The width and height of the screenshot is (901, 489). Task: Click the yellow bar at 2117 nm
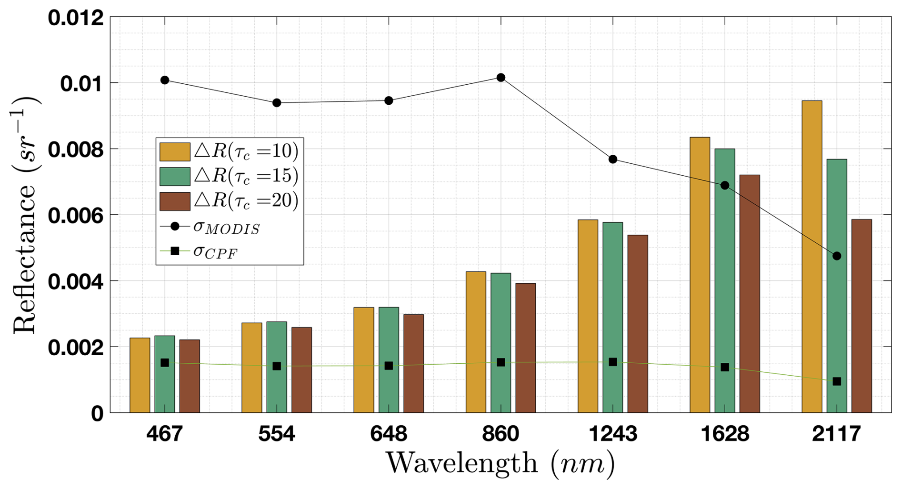point(811,257)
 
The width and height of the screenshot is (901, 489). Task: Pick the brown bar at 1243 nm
point(637,324)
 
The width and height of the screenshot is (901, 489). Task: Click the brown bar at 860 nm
point(525,348)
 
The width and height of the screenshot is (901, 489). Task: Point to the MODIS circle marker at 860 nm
point(501,78)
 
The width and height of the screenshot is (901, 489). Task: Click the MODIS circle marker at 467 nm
point(165,80)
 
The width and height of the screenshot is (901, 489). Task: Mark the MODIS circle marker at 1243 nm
point(613,159)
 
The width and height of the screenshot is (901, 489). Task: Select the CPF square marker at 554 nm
point(277,366)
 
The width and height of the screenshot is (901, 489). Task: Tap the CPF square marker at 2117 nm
point(837,381)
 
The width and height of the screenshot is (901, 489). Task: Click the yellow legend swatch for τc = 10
point(175,151)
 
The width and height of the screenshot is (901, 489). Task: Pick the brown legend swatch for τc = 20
point(175,201)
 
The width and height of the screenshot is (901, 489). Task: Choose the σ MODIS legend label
point(227,228)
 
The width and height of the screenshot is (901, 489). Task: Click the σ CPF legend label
point(215,251)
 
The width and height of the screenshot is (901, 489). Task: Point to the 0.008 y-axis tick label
point(76,150)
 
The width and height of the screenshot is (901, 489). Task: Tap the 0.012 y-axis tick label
point(76,18)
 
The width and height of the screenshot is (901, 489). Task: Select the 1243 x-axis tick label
point(613,434)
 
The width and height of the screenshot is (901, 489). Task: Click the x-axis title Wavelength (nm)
point(500,463)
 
